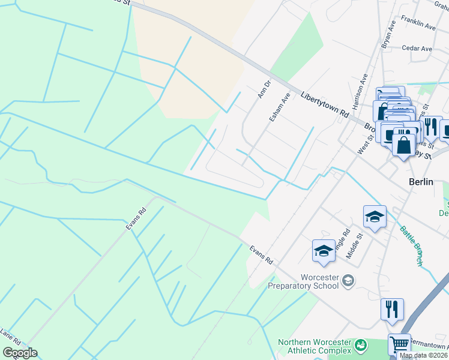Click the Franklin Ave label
click(418, 26)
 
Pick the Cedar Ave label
click(417, 48)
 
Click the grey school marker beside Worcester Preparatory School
click(348, 280)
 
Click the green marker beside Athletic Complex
click(360, 345)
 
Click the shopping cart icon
click(399, 345)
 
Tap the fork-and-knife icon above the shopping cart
click(392, 309)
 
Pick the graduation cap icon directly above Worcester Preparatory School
click(324, 251)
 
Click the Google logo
click(20, 353)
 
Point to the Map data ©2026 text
click(424, 355)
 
